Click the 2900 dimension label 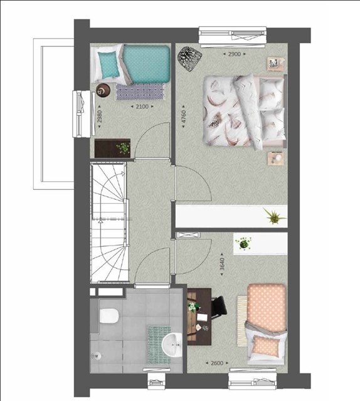click(235, 54)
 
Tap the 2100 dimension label click(142, 107)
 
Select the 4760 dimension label click(183, 117)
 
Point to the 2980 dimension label click(100, 117)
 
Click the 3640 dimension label click(222, 264)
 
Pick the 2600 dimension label click(217, 363)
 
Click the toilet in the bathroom click(109, 316)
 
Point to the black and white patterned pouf click(190, 59)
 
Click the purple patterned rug click(140, 91)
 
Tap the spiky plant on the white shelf click(274, 216)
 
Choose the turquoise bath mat click(159, 344)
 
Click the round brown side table click(103, 90)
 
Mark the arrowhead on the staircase click(123, 174)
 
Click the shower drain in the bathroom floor click(97, 355)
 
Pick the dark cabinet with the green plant click(112, 148)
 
